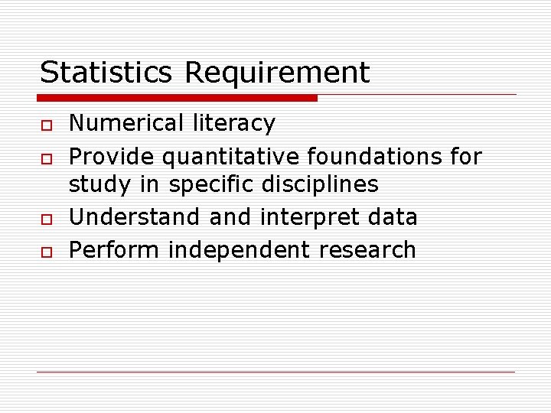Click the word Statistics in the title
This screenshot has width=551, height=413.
(107, 73)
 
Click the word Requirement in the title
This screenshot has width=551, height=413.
(277, 73)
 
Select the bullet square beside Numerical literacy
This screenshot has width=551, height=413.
(45, 124)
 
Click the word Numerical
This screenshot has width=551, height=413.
(127, 123)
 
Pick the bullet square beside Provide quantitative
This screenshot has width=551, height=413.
(45, 158)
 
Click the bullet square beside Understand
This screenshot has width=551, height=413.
(45, 219)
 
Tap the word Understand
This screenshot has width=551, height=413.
(135, 217)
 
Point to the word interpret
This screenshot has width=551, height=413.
(308, 218)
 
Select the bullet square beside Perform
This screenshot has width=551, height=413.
(45, 252)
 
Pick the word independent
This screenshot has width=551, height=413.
(240, 250)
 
